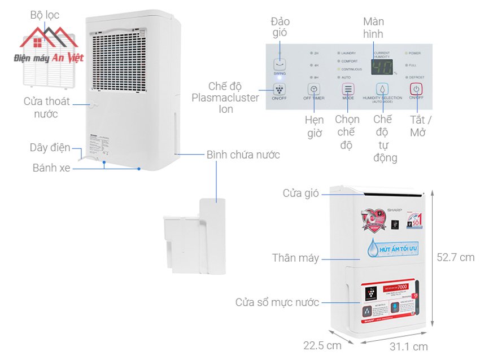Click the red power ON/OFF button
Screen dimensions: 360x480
click(x=416, y=89)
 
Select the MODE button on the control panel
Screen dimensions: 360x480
click(x=348, y=89)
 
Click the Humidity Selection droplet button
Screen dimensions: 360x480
click(x=382, y=89)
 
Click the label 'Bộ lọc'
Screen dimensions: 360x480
click(x=45, y=15)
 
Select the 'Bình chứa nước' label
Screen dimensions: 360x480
click(x=243, y=154)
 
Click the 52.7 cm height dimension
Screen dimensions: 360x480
click(x=455, y=257)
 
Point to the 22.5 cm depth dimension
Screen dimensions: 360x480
click(x=322, y=345)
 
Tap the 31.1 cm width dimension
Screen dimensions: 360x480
click(x=408, y=346)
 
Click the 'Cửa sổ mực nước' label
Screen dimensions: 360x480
click(x=277, y=302)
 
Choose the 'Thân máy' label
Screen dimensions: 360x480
click(x=295, y=258)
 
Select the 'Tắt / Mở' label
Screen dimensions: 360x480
click(x=421, y=126)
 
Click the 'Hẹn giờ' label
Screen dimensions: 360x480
click(x=314, y=126)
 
